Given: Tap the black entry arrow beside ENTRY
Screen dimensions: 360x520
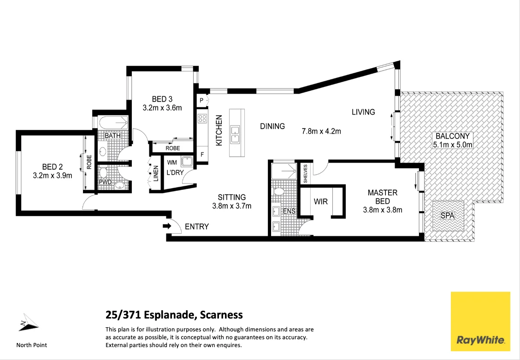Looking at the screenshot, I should point(167,226).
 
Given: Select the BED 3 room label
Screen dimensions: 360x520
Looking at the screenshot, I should point(162,99).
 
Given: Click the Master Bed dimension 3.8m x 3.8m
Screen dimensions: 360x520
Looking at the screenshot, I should point(383,210).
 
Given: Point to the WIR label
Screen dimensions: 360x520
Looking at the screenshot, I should point(320,202).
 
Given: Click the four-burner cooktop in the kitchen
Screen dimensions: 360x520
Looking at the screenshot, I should point(202,118).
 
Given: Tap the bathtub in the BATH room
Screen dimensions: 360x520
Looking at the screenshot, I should point(113,123).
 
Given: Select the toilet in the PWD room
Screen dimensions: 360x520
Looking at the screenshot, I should point(104,173).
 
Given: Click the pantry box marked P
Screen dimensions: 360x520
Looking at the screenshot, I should point(202,100).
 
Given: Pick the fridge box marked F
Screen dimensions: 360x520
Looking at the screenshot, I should point(202,155).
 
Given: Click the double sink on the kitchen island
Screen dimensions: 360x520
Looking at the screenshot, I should point(235,133).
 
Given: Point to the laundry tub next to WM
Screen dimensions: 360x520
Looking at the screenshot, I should point(187,162).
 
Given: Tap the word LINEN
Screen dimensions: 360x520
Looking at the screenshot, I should point(156,173).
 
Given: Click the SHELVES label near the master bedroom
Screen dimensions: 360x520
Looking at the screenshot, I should point(305,173).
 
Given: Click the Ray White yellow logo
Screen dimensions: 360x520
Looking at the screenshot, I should point(480,321).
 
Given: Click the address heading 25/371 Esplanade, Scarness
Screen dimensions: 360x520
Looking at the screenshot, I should point(174,315).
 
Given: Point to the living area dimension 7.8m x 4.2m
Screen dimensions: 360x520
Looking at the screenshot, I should point(321,131).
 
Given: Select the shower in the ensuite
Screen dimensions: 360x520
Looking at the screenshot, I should point(284,171).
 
